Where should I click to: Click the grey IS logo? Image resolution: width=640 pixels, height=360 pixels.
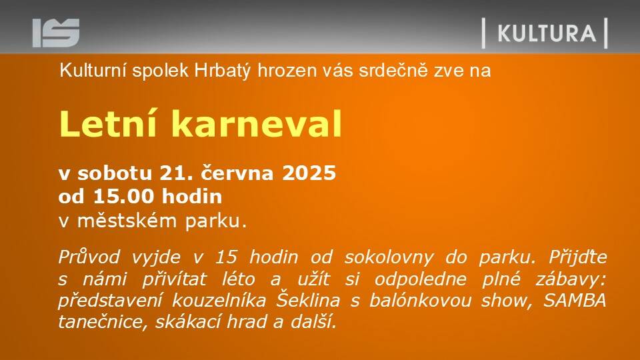pos(56,33)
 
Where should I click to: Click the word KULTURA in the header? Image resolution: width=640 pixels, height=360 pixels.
pos(547,33)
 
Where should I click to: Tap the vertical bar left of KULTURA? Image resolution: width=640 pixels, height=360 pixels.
pos(484,33)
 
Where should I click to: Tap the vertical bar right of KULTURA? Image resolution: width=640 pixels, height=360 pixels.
pos(606,33)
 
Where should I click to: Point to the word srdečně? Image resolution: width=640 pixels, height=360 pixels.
pos(393,71)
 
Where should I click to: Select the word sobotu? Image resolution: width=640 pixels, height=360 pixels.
pos(115,173)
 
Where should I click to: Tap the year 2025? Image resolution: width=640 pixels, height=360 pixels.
pos(309,173)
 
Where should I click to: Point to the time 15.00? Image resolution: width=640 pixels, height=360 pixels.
pos(123,196)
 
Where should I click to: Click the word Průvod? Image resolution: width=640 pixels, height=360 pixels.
pos(89,257)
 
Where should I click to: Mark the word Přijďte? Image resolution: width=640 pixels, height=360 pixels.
pos(577,257)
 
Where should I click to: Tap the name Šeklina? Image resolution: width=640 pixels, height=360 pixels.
pos(308,299)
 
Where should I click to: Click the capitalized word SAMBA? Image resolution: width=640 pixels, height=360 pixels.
pos(575,301)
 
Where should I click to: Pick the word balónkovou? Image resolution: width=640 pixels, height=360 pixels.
pos(421,301)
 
